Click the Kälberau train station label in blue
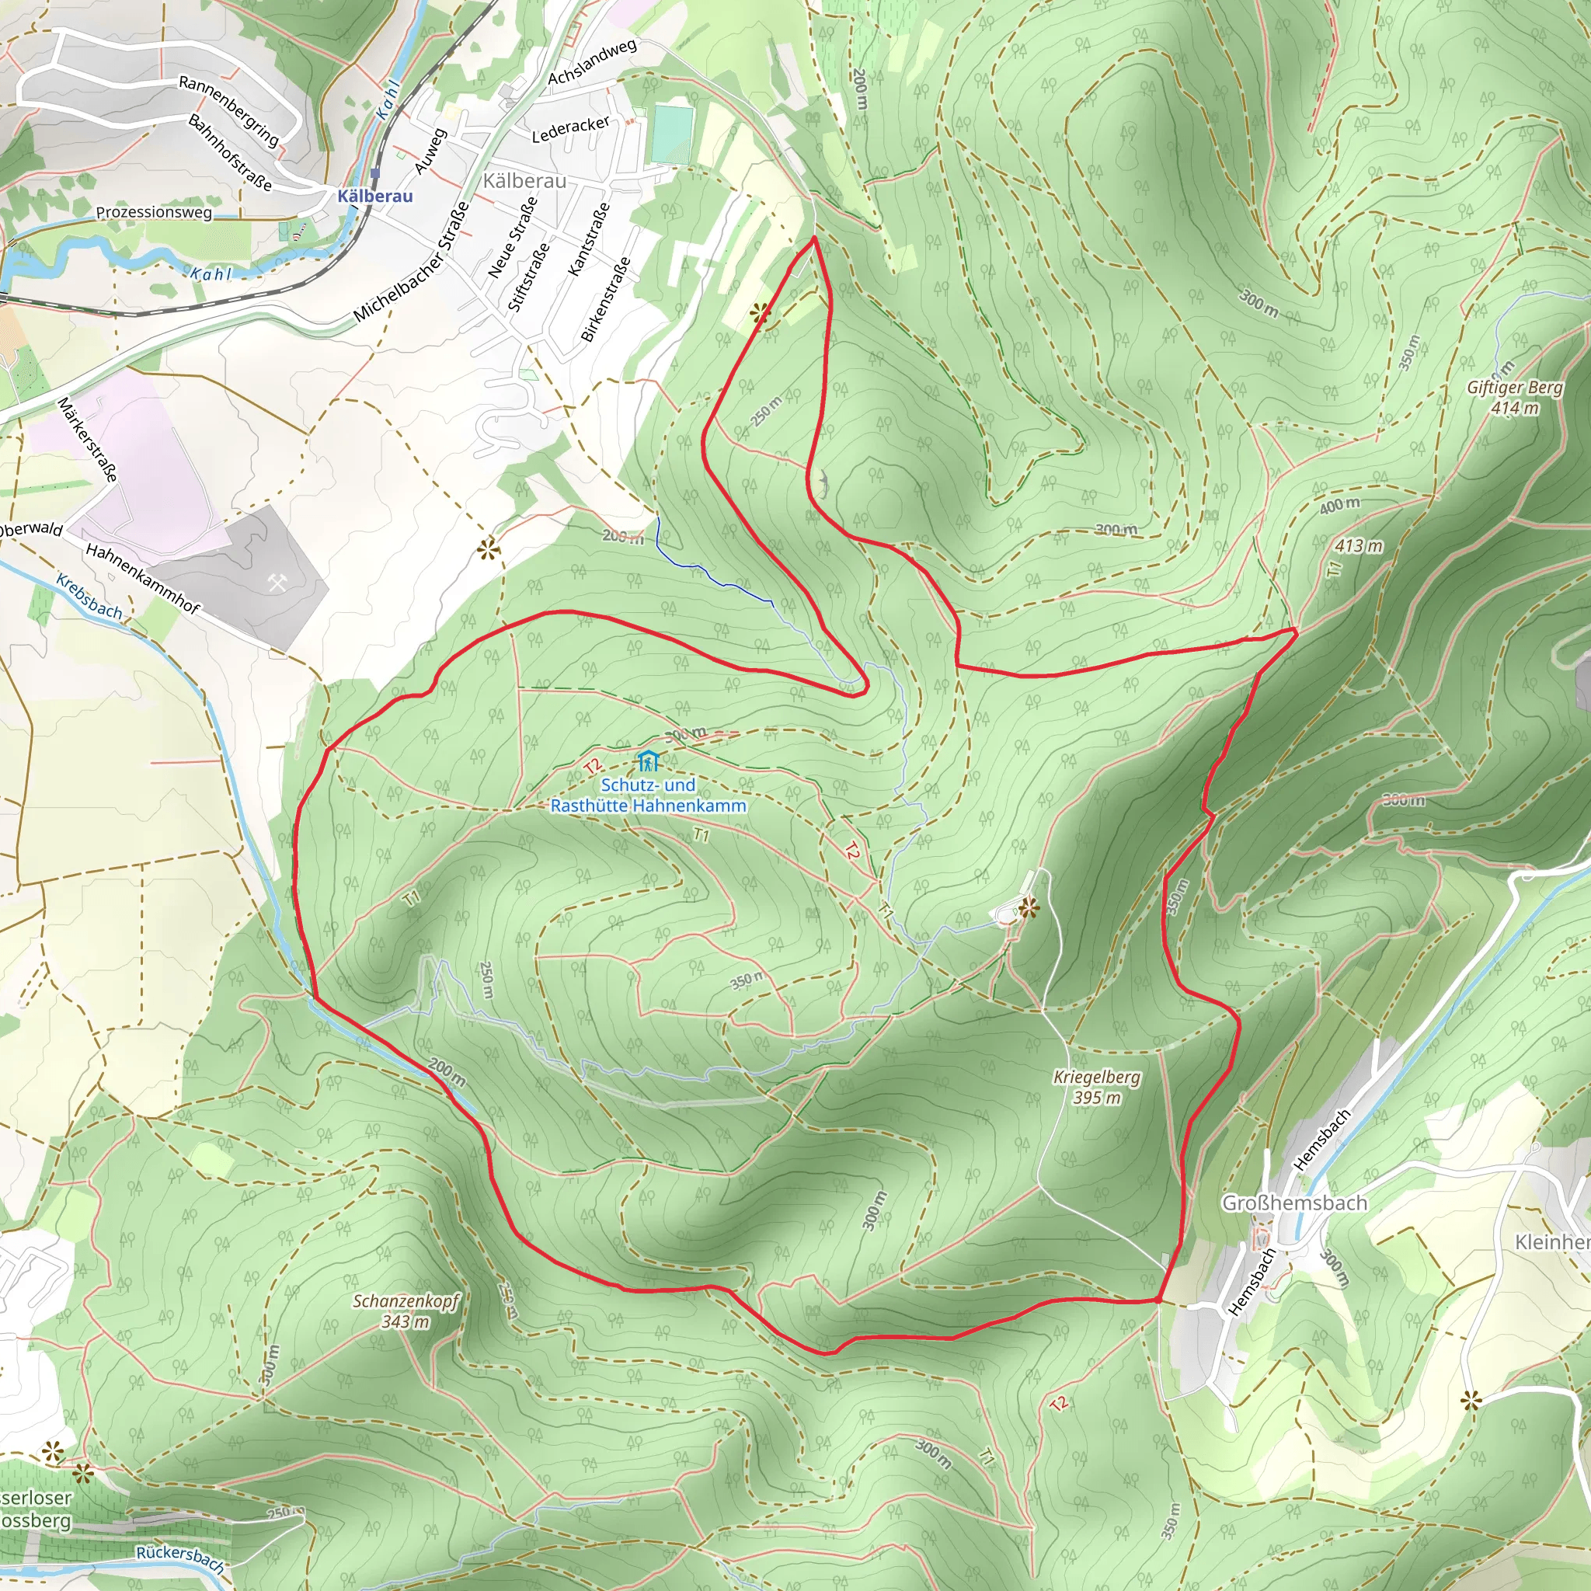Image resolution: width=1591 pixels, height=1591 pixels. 374,196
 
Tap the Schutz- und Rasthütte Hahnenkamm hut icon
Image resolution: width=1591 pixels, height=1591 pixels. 648,760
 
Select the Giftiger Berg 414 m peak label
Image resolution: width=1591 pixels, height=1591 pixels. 1514,397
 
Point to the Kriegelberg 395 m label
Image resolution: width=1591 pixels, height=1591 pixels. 1097,1086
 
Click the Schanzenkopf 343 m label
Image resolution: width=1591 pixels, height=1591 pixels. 406,1311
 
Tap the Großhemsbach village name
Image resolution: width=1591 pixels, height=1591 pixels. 1293,1203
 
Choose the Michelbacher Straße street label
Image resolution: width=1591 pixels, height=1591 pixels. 412,262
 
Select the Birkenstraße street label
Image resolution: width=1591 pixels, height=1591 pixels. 606,299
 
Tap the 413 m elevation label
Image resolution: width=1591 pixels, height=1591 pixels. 1359,546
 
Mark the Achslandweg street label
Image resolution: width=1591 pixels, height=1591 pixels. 592,62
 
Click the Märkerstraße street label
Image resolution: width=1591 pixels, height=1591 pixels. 87,439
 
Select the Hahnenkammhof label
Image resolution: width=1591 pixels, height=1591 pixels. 142,579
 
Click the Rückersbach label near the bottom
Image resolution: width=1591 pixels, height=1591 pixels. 180,1559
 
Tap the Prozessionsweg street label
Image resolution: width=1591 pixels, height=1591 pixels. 154,212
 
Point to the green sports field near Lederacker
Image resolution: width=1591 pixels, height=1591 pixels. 672,134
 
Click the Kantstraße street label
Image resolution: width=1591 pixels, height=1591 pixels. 589,238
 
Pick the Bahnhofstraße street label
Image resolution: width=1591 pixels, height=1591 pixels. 230,152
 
